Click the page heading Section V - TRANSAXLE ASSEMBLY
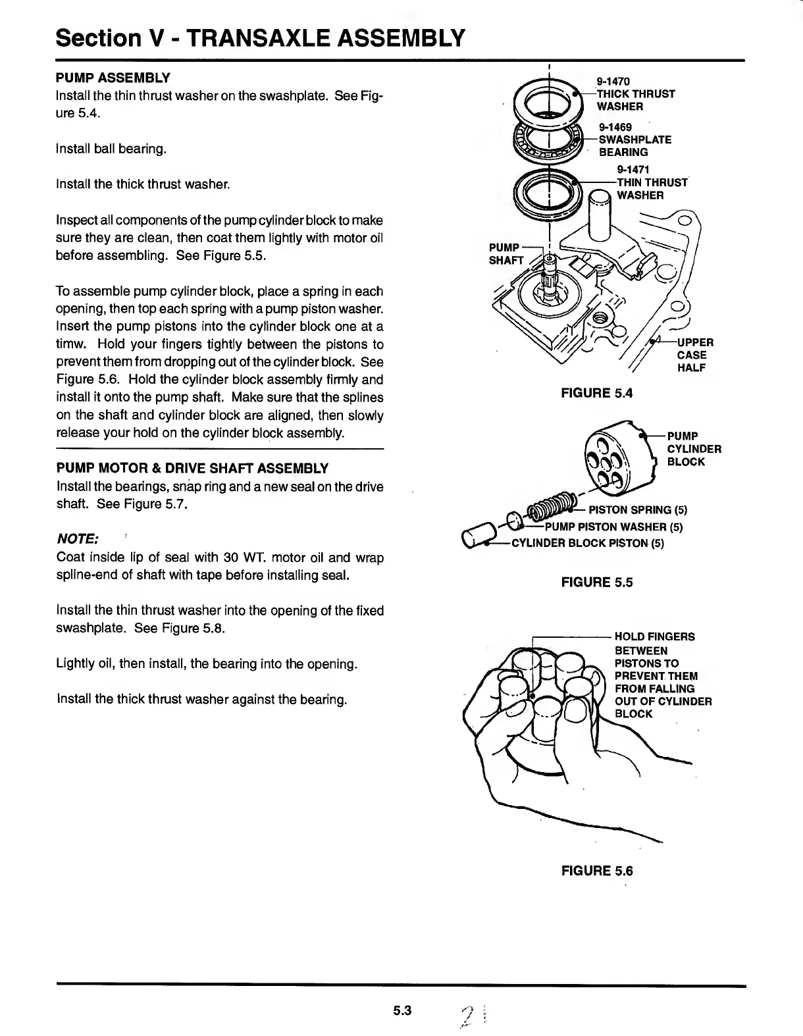click(x=261, y=38)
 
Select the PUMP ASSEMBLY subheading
click(x=113, y=78)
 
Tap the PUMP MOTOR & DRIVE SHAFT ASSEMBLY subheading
click(x=192, y=468)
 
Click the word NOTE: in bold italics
click(x=78, y=538)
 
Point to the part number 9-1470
click(x=613, y=82)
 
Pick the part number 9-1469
click(x=615, y=127)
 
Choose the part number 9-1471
click(x=633, y=170)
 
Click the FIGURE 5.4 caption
click(x=596, y=393)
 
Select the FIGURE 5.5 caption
click(x=596, y=582)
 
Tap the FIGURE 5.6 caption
click(x=596, y=871)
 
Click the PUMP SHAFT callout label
click(x=505, y=253)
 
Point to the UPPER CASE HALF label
click(x=694, y=355)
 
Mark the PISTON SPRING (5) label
click(x=637, y=510)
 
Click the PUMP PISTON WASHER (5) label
click(x=613, y=527)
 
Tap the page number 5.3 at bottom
click(x=401, y=1010)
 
